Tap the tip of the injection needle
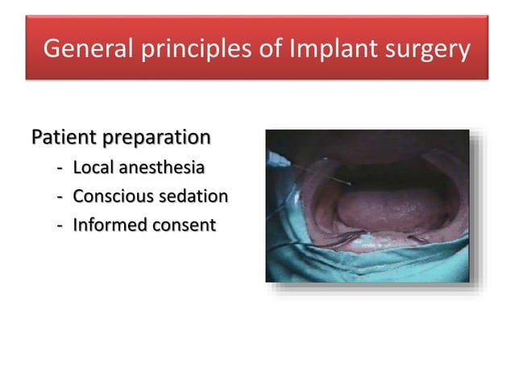tap(350, 184)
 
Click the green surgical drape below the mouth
tap(363, 262)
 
